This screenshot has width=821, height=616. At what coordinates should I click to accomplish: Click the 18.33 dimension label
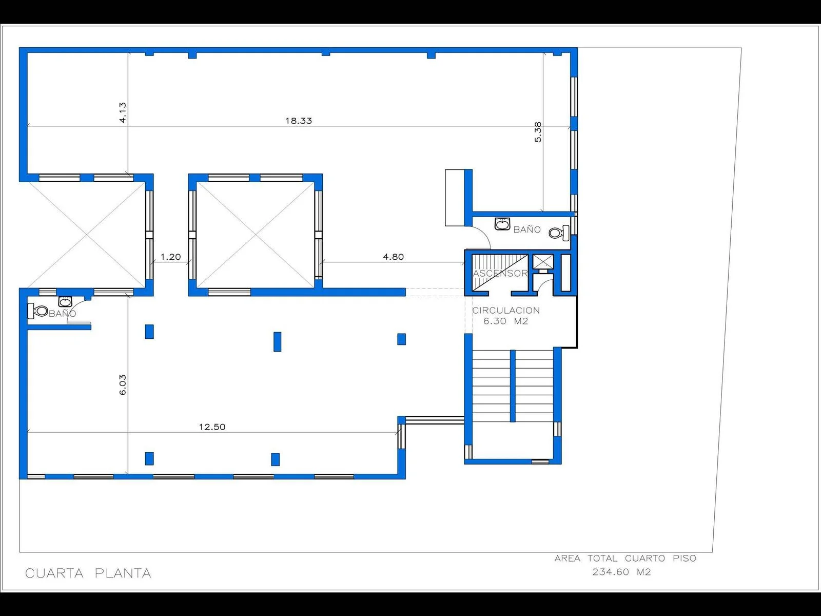(x=299, y=121)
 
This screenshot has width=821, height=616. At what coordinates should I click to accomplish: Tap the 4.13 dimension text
(x=123, y=112)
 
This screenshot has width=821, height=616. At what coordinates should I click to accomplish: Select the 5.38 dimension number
(x=538, y=132)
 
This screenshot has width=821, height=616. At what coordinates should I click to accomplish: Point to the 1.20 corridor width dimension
(x=170, y=257)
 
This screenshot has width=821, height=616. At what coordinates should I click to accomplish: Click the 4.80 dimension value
(x=393, y=257)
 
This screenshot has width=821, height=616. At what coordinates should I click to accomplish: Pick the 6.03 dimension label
(x=123, y=385)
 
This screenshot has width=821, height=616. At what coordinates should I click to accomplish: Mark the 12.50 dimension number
(x=212, y=427)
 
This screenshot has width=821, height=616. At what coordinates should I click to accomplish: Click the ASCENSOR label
(x=500, y=274)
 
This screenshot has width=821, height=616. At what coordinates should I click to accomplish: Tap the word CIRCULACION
(x=506, y=311)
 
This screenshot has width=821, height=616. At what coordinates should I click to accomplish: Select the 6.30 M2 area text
(x=506, y=321)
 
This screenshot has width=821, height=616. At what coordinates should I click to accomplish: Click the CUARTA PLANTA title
(x=88, y=573)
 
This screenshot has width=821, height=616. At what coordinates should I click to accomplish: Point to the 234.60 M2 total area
(x=621, y=572)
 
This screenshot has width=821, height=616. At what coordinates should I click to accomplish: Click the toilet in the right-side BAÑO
(x=559, y=233)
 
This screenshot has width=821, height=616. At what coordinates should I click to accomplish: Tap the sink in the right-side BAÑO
(x=502, y=224)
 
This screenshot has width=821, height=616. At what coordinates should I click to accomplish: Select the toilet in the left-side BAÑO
(x=38, y=311)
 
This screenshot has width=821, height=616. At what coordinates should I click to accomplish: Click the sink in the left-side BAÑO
(x=65, y=301)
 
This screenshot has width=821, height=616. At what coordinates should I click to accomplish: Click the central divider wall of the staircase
(x=513, y=386)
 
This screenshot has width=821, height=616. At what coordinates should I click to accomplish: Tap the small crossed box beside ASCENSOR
(x=543, y=262)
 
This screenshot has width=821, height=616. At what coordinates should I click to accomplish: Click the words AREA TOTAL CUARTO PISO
(x=625, y=559)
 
